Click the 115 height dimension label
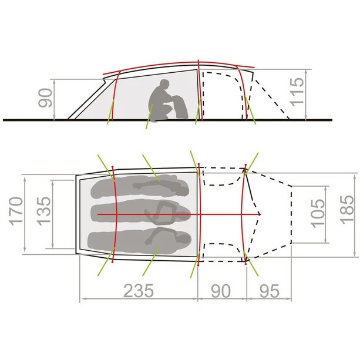pos(297,92)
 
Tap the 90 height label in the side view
pos(45,98)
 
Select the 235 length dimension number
pos(139,291)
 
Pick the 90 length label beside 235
pos(221,291)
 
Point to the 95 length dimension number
pos(270,291)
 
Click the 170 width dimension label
pos(16,211)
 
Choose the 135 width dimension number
pos(43,211)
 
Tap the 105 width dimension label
pos(318,214)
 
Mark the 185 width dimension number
pos(347,210)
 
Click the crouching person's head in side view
pos(164,85)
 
